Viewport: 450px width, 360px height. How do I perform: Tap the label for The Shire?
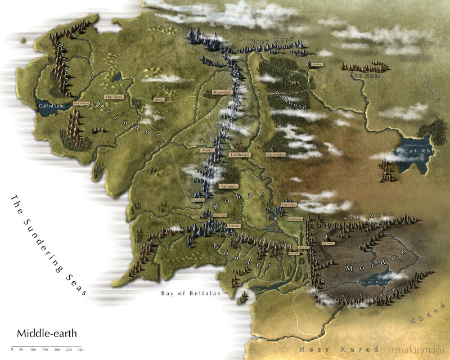114,97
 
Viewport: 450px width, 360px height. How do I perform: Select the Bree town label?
159,100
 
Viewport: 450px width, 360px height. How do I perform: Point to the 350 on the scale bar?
80,350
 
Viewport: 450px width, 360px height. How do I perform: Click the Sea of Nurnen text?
373,281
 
